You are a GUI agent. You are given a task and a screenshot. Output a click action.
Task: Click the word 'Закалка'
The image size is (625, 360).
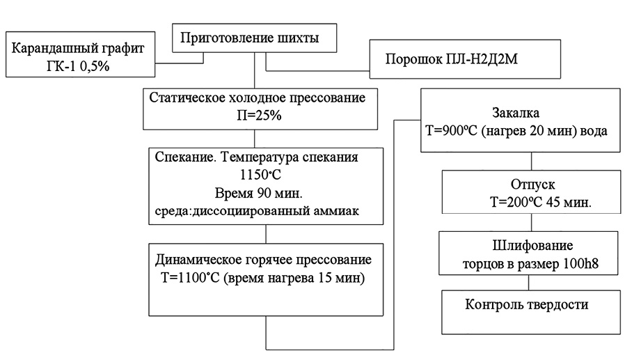tap(516, 111)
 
